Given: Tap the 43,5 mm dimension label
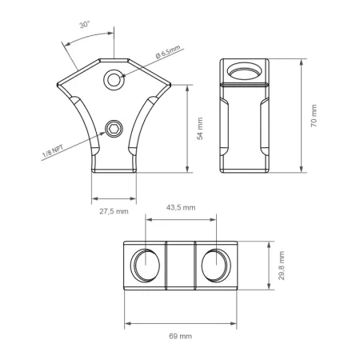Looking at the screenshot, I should tap(181, 207).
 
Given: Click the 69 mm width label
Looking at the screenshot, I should tap(181, 337).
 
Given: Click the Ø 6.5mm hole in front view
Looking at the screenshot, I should tap(116, 79).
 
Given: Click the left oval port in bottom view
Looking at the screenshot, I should tap(144, 263).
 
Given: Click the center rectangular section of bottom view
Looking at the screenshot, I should tap(180, 263).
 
